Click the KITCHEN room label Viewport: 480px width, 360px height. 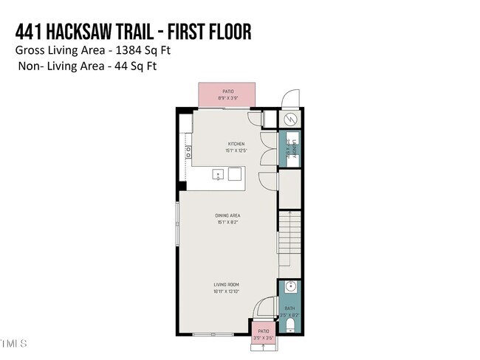tap(236, 144)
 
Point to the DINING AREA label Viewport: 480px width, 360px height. tap(227, 215)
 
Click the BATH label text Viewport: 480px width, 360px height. tap(289, 308)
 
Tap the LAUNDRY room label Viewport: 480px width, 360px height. tap(294, 144)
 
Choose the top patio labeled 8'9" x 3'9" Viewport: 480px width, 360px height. tap(227, 94)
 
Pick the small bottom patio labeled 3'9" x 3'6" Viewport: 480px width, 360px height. tap(262, 333)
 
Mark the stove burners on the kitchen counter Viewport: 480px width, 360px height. tap(188, 152)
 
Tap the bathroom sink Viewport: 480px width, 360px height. tap(289, 287)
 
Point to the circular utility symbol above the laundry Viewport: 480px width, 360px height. tap(289, 119)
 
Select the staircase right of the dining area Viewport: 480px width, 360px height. tap(289, 236)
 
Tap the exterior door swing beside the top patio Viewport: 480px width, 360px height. tap(289, 99)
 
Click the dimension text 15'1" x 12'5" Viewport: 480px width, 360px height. tap(236, 150)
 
